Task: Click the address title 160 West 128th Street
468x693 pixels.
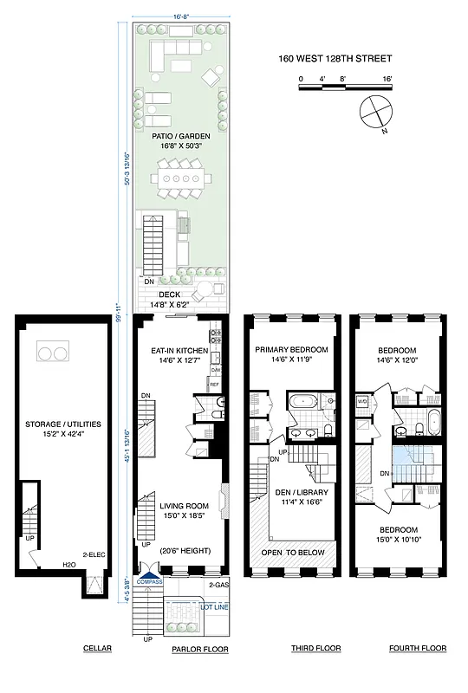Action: click(335, 59)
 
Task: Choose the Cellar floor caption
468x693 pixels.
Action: click(97, 649)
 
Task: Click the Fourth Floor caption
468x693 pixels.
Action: click(418, 649)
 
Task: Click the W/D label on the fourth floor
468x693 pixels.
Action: click(364, 401)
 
